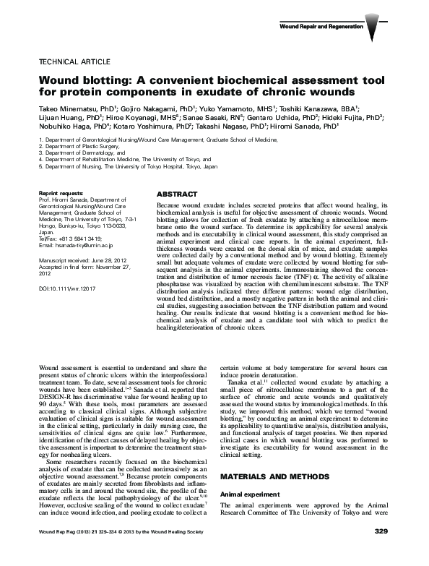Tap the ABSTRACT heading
(177, 195)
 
